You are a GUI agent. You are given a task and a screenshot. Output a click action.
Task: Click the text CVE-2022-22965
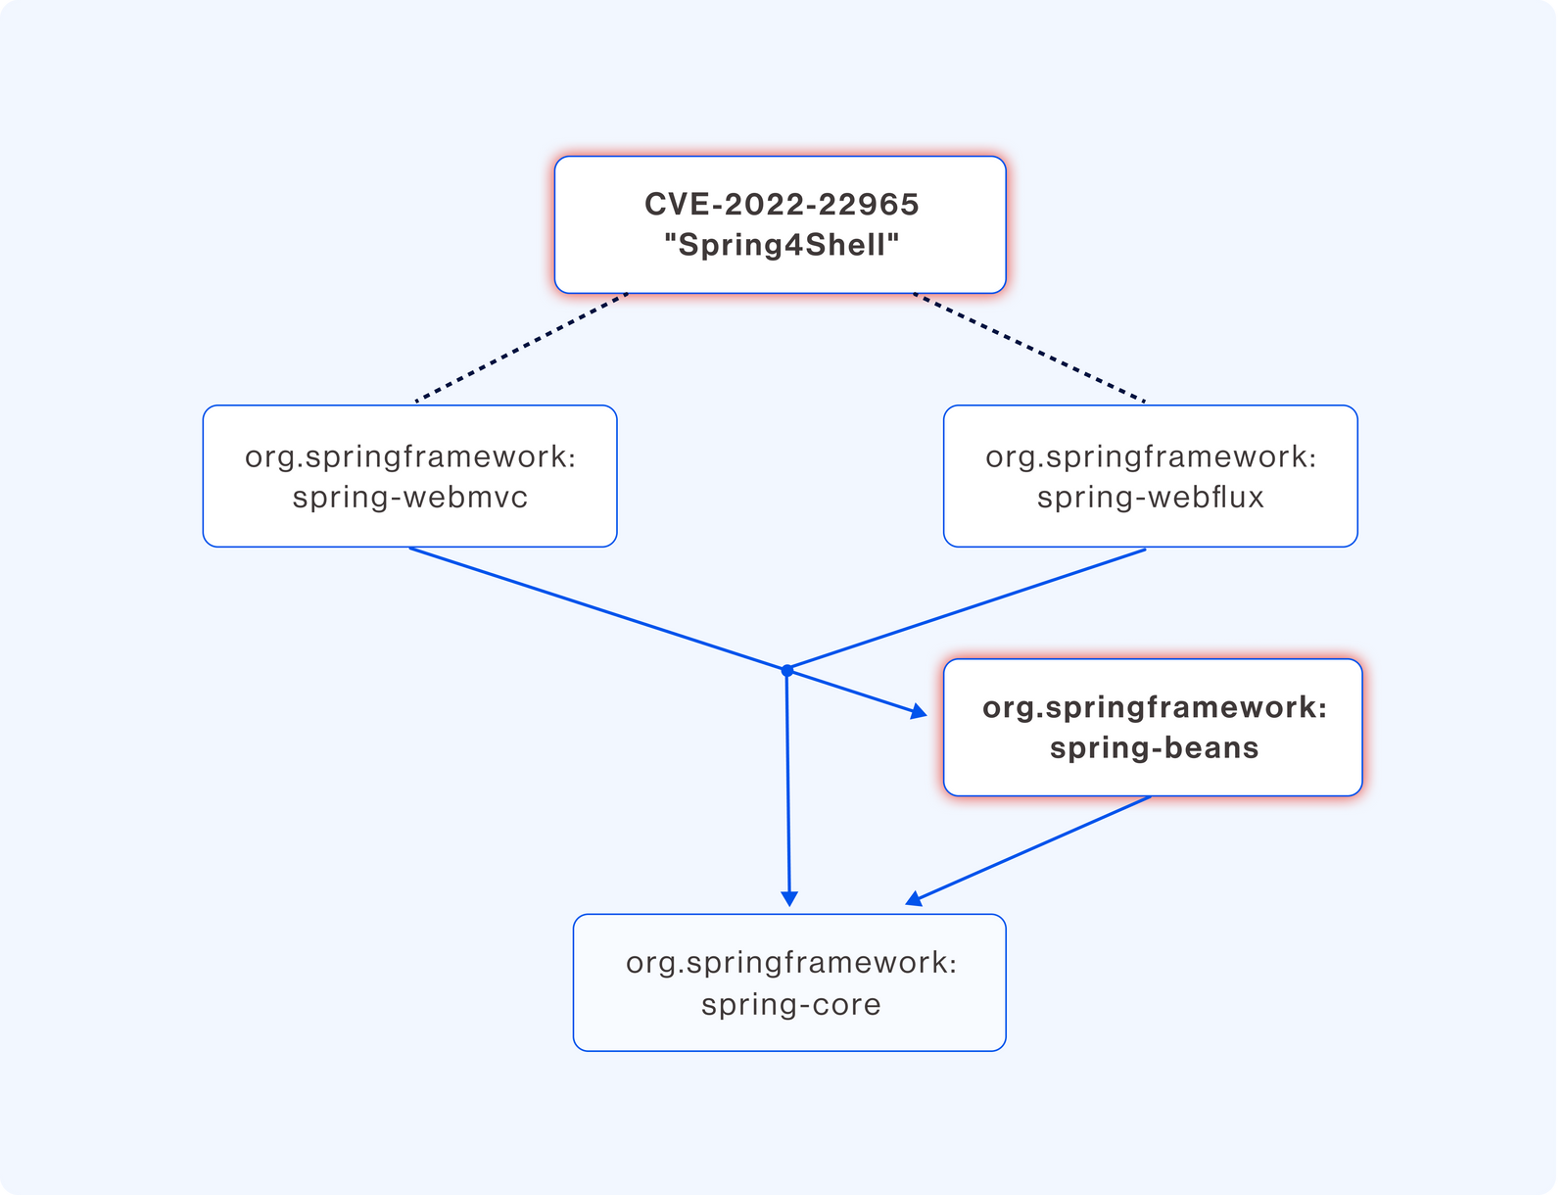(x=782, y=204)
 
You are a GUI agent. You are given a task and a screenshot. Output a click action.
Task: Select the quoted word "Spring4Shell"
(x=782, y=245)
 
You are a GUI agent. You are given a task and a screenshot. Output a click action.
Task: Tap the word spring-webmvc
(x=409, y=498)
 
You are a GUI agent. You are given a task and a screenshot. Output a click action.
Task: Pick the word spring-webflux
(x=1150, y=498)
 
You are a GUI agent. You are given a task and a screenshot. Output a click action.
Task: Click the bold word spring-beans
(x=1154, y=748)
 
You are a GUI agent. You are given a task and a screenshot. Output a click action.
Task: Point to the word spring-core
(x=790, y=1004)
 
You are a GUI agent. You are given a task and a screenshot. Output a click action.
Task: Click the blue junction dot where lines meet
(x=786, y=670)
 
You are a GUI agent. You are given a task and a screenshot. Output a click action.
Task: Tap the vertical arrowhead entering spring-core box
(x=788, y=899)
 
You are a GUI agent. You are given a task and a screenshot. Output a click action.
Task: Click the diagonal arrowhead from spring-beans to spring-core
(x=915, y=899)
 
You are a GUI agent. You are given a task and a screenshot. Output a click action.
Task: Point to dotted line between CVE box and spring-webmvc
(x=521, y=348)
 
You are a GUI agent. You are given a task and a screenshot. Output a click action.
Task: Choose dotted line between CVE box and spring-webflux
(x=1029, y=348)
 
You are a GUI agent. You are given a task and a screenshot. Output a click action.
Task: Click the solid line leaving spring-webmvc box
(x=598, y=609)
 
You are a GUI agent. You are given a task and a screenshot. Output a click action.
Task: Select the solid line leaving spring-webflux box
(x=966, y=609)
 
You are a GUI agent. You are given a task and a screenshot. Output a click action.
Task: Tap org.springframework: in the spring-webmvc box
(x=409, y=457)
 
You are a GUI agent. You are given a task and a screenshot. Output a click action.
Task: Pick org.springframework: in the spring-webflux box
(x=1150, y=457)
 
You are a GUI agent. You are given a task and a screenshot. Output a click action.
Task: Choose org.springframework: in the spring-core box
(x=790, y=964)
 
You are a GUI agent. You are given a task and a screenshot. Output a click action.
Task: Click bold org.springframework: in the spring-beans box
(x=1154, y=708)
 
